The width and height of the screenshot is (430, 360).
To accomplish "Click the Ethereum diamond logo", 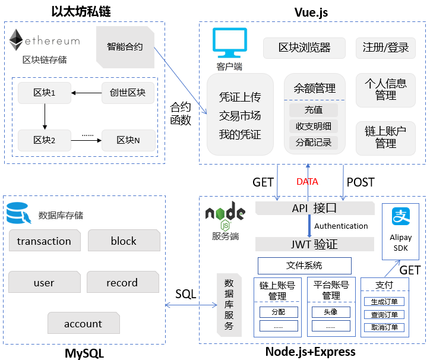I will (15, 40).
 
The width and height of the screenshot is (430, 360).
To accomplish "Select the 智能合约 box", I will (125, 46).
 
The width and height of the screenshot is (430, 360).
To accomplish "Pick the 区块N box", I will (128, 140).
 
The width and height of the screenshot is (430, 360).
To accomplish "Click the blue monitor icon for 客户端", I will (229, 43).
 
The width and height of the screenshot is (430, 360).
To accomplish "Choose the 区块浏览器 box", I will (304, 48).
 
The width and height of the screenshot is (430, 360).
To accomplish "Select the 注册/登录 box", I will (385, 48).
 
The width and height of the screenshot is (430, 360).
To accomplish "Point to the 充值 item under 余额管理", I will (313, 110).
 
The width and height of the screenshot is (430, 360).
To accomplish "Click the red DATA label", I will (307, 182).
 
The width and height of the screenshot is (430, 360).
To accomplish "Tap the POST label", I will (361, 182).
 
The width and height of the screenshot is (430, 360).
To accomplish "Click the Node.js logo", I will (225, 215).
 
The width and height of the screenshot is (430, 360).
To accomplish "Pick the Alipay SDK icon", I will (400, 216).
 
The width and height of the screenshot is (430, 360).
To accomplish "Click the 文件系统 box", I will (304, 266).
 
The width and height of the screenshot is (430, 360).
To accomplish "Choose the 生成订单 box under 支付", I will (384, 301).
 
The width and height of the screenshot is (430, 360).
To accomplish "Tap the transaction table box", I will (44, 241).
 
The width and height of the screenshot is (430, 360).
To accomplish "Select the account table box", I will (83, 324).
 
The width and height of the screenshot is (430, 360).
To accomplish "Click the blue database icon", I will (17, 213).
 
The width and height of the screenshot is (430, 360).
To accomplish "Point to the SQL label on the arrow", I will (185, 293).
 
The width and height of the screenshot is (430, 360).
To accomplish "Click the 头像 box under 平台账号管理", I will (331, 311).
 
